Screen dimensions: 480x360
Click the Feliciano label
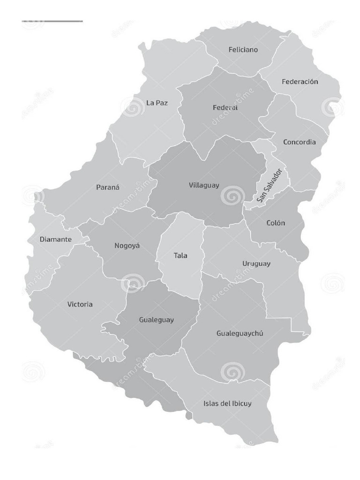[243, 50]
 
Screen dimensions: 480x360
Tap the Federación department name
[300, 82]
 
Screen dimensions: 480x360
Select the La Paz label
[157, 103]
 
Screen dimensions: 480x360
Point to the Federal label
[225, 108]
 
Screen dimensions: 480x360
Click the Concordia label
[299, 142]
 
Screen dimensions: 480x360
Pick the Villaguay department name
[204, 185]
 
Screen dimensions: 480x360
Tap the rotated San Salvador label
[269, 186]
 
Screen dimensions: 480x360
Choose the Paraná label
[108, 187]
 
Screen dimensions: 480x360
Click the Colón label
[276, 223]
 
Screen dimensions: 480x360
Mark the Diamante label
[55, 240]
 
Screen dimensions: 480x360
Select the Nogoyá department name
[127, 246]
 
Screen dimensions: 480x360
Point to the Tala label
[180, 255]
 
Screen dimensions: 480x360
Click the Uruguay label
[256, 263]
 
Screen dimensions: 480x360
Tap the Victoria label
[80, 304]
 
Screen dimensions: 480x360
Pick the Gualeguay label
[156, 320]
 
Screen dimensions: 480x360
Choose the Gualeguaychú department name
[240, 333]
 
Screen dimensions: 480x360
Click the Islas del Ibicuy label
[227, 403]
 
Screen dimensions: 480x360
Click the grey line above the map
[52, 21]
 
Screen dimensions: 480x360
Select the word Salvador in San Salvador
[272, 180]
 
